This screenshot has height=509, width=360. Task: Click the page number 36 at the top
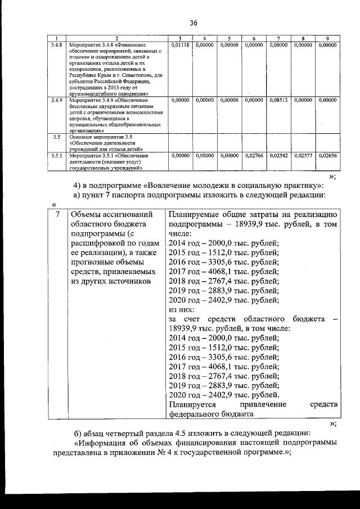(x=193, y=23)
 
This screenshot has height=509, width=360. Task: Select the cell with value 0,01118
(x=180, y=44)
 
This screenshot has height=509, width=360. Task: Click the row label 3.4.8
(x=56, y=44)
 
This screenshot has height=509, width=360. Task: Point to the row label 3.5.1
(x=56, y=155)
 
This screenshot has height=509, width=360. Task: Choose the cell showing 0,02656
(x=327, y=155)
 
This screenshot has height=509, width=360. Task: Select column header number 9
(x=327, y=38)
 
